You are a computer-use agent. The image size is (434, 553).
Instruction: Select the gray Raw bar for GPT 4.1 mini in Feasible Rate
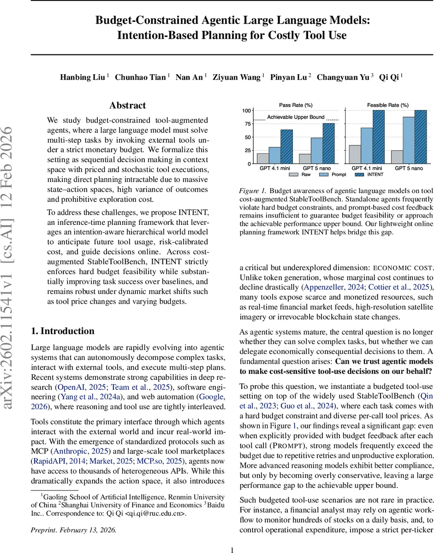click(x=355, y=154)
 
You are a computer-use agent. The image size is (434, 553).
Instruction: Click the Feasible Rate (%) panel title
click(x=387, y=105)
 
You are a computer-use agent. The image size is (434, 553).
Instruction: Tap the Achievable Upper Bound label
click(x=296, y=117)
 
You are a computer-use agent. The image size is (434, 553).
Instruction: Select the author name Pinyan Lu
click(x=289, y=77)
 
